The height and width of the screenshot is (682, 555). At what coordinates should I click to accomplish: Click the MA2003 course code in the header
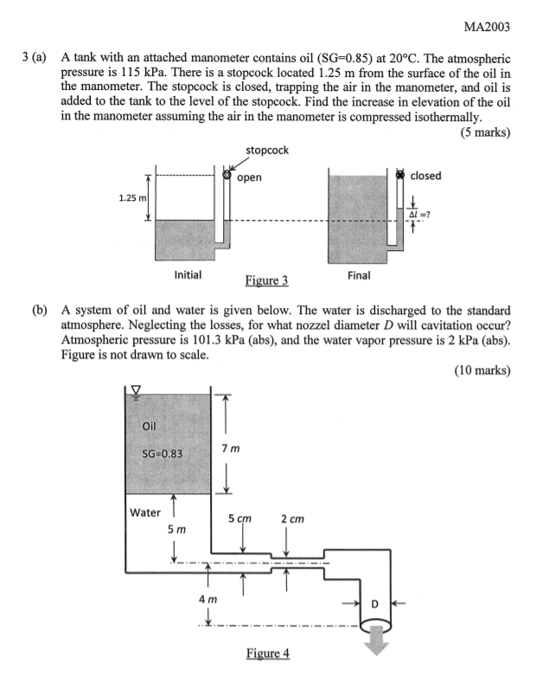coord(487,28)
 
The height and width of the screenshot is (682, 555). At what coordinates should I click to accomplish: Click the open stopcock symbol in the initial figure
coord(227,176)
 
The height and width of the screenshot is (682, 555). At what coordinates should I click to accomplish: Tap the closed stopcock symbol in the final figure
coord(400,175)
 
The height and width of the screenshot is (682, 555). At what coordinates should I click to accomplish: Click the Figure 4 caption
coord(266,653)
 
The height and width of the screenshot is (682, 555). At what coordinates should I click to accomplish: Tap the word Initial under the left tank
coord(188,274)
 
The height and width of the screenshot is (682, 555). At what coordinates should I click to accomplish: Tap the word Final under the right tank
coord(358,274)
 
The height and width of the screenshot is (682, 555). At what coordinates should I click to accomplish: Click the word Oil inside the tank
coord(150,425)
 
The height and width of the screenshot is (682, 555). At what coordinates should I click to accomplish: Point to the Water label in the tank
coord(145,511)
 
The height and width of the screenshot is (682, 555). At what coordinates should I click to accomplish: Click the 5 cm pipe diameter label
coord(239,519)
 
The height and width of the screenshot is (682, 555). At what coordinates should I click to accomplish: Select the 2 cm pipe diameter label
coord(291,519)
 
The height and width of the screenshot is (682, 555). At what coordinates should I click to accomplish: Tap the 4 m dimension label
coord(207,600)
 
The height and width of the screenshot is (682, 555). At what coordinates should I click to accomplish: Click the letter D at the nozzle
coord(375,602)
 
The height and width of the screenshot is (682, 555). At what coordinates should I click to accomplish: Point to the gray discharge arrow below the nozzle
coord(376,647)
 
